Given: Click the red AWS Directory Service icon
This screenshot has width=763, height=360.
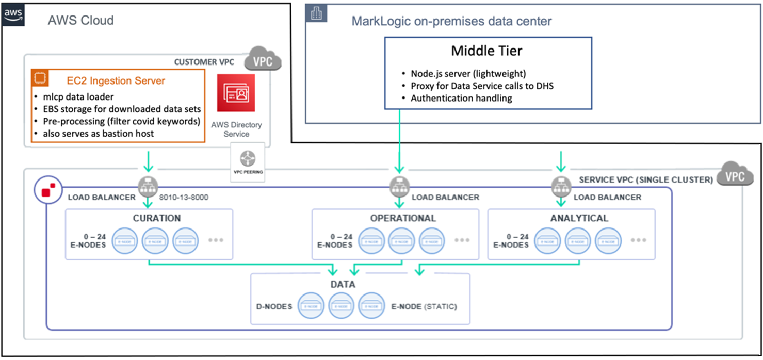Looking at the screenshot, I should (x=236, y=93).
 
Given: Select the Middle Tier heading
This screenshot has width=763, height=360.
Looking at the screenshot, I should (x=486, y=51).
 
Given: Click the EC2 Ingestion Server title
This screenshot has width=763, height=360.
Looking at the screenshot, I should (x=116, y=80).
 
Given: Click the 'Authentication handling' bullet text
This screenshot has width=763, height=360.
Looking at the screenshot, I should (x=461, y=98).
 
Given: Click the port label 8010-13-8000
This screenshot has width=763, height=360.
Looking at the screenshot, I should (x=184, y=197).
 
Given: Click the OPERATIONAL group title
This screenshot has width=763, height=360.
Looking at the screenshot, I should (x=403, y=218).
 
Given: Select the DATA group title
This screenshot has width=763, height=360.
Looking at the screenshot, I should (x=343, y=284).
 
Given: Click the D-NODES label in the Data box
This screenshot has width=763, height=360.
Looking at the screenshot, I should (x=274, y=306).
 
